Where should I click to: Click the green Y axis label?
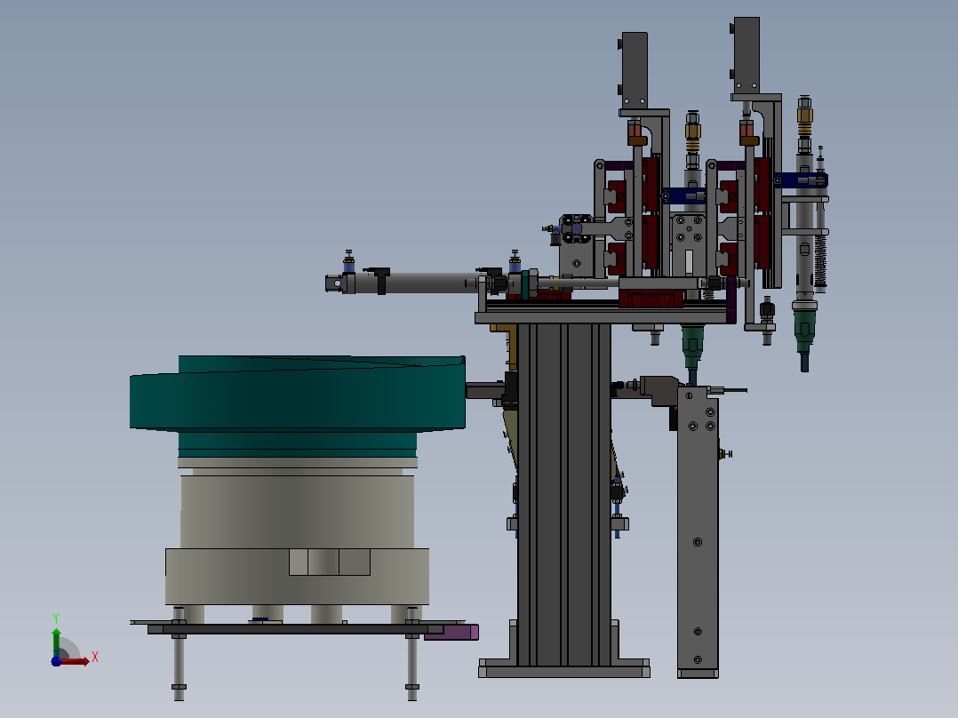tap(56, 618)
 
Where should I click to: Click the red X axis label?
tap(95, 658)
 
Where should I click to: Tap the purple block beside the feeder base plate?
tap(451, 633)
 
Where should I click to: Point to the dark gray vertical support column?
tap(564, 495)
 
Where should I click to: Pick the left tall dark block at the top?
tap(635, 71)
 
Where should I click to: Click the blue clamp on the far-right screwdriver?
tap(801, 180)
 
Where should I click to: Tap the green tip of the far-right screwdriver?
tap(804, 333)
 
